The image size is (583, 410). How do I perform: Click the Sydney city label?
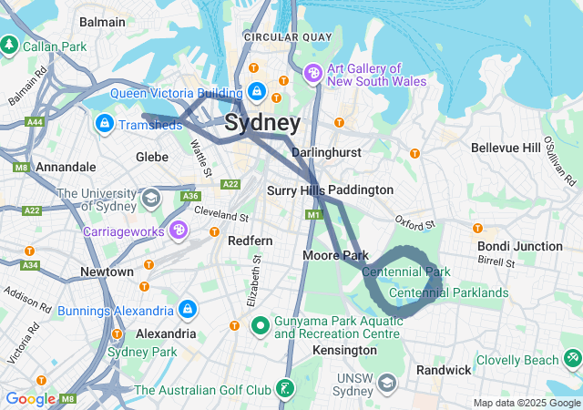pos(262,123)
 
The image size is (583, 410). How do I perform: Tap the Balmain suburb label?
pos(103,20)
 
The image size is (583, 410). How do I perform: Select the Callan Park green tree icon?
pos(10,44)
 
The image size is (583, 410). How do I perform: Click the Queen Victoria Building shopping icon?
pos(258,92)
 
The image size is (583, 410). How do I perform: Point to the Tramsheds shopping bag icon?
pos(104,122)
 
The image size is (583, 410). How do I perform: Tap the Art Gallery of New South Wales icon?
pos(313,73)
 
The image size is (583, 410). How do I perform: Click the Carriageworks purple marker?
pos(179,231)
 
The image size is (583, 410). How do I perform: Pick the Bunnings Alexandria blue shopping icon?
pos(187,310)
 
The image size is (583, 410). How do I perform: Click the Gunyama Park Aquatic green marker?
pos(260,324)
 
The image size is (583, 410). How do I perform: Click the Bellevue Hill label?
pos(506,148)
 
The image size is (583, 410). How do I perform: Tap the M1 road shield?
pos(314,215)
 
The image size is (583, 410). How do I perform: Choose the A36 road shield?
pos(190,196)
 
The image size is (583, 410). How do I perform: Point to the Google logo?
pos(30,398)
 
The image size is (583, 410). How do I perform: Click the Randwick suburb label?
pos(444,370)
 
